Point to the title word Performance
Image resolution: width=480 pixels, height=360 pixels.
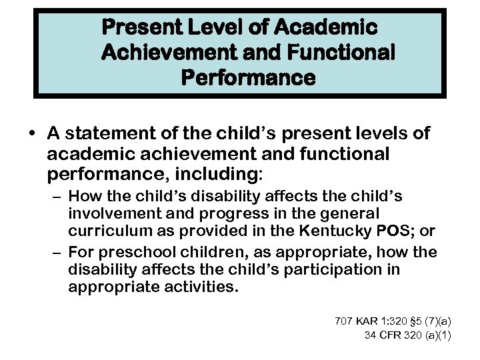tap(248, 77)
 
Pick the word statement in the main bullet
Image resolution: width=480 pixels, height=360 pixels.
tap(113, 135)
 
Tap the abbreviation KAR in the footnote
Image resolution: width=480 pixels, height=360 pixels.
tap(368, 321)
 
